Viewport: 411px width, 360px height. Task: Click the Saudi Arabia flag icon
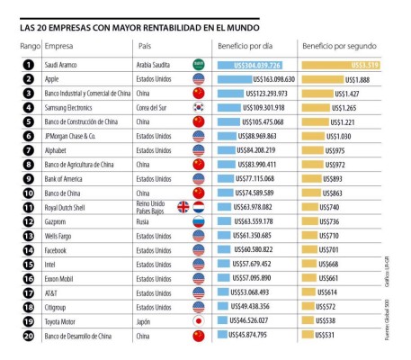tap(199, 65)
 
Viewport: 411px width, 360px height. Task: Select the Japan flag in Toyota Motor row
tap(199, 320)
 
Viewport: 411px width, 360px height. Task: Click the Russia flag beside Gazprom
tap(199, 220)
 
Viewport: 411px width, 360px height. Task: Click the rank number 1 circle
tap(29, 65)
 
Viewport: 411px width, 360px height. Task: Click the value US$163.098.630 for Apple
tap(256, 79)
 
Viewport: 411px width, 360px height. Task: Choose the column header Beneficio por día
tap(250, 45)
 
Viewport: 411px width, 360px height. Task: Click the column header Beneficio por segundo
tap(338, 45)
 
